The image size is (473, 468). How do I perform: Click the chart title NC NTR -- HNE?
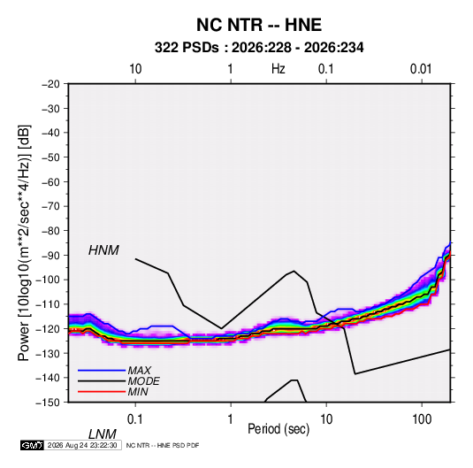click(259, 25)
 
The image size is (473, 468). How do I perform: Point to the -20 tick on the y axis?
click(50, 84)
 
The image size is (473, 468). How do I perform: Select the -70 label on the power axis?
click(50, 206)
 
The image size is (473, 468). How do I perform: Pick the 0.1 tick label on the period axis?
click(134, 419)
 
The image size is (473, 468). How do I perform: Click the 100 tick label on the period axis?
click(422, 419)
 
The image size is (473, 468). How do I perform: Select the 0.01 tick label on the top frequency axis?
click(421, 69)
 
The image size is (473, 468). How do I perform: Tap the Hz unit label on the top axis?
click(278, 69)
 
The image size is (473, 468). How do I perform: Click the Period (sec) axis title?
click(278, 429)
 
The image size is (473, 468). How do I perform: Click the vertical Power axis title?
click(24, 242)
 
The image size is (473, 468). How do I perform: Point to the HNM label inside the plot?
click(103, 250)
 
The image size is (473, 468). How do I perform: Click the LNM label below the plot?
click(103, 434)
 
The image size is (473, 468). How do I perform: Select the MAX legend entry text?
click(139, 371)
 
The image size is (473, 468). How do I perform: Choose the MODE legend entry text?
click(143, 381)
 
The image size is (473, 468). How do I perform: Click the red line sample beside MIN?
click(102, 392)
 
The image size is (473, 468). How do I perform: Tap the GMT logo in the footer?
click(32, 445)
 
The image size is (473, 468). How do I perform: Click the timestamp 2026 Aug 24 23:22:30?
click(82, 445)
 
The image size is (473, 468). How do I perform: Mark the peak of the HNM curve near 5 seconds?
click(294, 271)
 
